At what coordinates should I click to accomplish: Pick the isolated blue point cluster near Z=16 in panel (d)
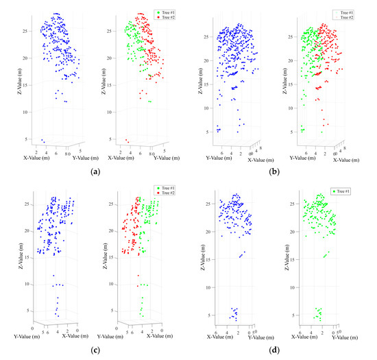click(x=242, y=254)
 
